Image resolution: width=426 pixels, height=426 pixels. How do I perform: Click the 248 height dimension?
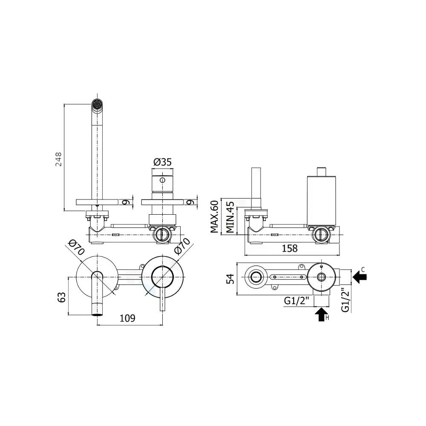(x=59, y=158)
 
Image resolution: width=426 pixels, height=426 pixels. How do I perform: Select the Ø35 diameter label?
(x=162, y=162)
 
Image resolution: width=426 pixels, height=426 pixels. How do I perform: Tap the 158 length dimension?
(x=290, y=248)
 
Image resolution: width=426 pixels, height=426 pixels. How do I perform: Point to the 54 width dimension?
(x=230, y=279)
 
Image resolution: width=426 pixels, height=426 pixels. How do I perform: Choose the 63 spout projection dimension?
(x=61, y=297)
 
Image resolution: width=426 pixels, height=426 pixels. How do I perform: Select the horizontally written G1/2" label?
(x=297, y=301)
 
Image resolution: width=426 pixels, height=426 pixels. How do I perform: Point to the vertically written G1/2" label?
(x=346, y=300)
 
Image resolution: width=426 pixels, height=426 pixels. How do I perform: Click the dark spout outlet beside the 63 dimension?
(x=98, y=314)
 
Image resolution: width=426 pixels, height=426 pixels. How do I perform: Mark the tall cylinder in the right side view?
(x=322, y=200)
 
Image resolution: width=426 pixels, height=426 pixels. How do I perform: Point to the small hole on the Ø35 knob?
(x=162, y=180)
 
